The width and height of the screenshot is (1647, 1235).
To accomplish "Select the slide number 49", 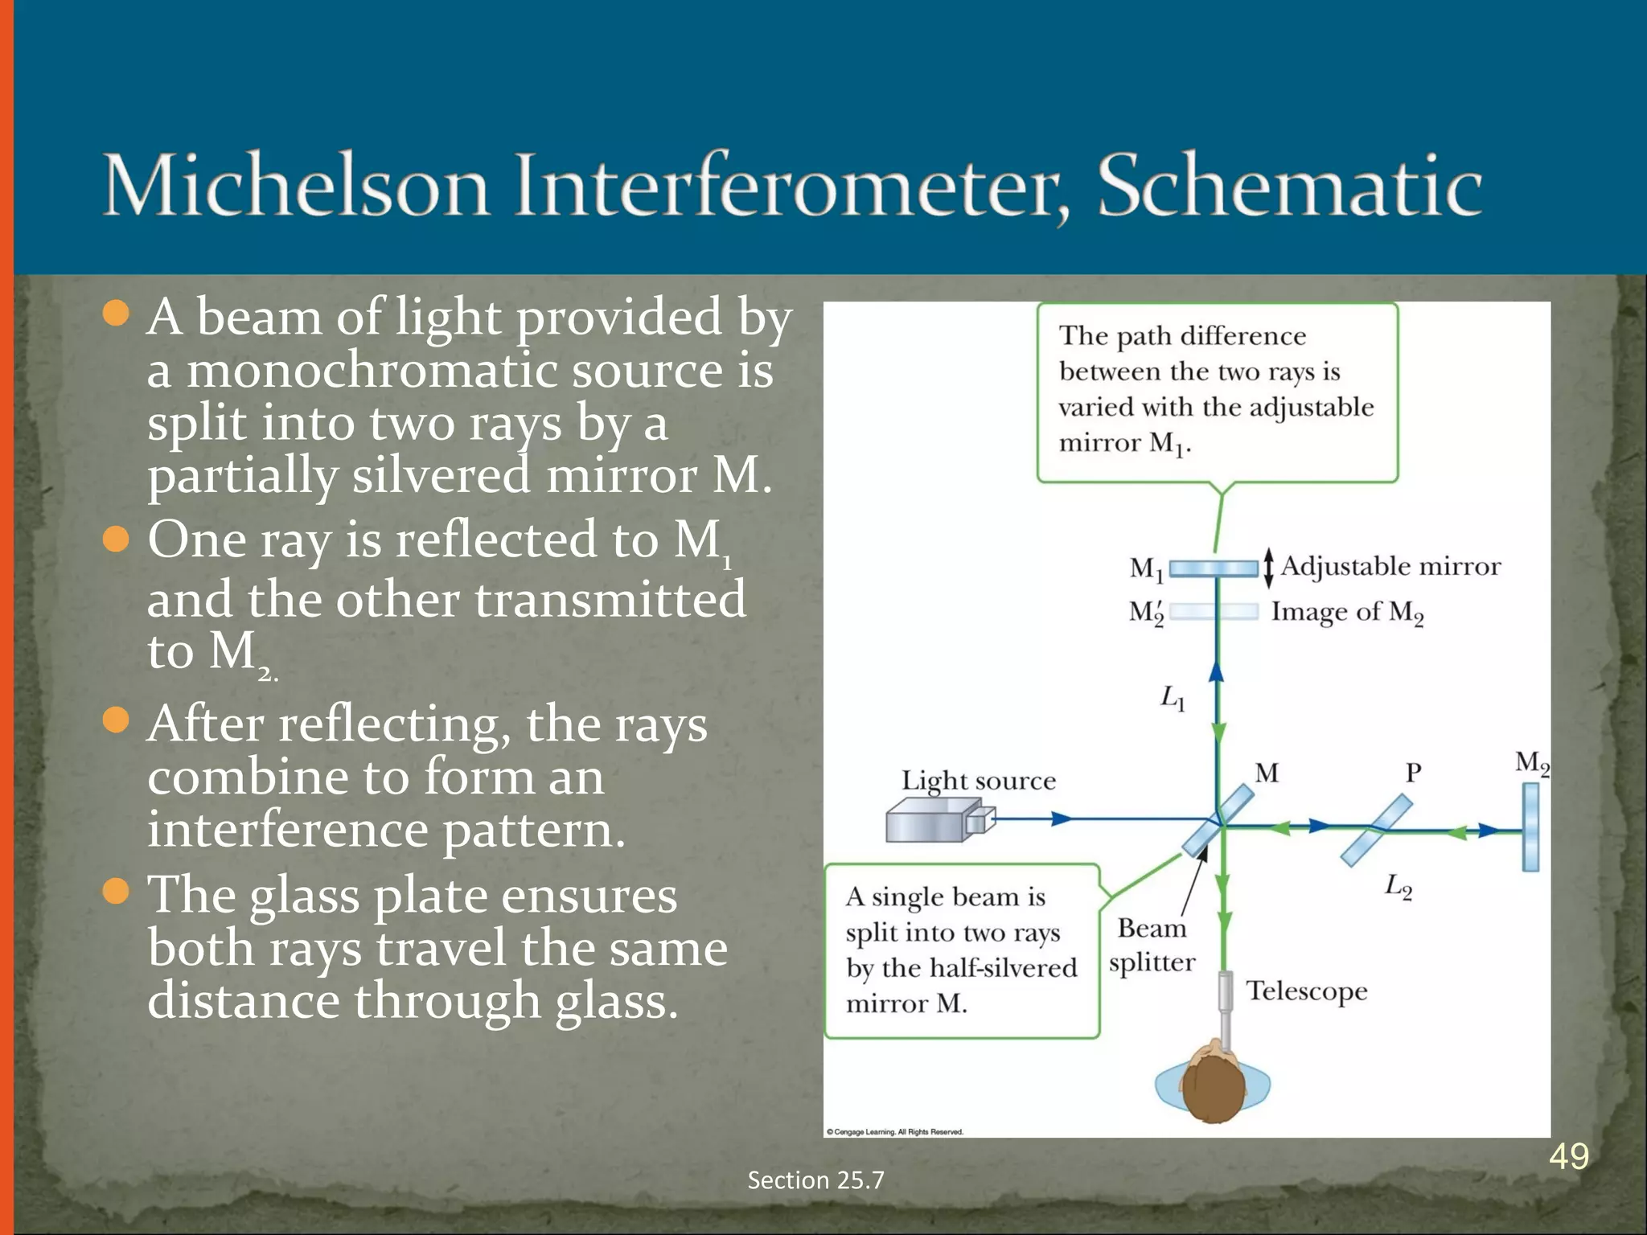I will pos(1568,1156).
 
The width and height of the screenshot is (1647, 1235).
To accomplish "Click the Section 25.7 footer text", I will pos(815,1180).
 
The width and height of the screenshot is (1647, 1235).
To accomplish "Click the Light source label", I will pos(978,780).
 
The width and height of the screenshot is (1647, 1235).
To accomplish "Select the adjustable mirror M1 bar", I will pos(1214,568).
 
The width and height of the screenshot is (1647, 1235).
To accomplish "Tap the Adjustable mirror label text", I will pos(1390,566).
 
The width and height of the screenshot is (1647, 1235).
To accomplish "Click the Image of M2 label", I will pos(1347,613).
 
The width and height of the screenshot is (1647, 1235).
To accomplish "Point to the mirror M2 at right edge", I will pos(1530,827).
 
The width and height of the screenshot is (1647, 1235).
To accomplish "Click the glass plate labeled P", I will pos(1376,830).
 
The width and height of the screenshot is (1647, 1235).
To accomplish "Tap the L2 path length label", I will pos(1398,887).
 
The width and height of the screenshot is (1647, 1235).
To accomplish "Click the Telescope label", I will pos(1306,991).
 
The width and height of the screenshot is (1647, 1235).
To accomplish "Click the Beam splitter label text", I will pos(1152,946).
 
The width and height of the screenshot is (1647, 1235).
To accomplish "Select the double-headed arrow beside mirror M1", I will pos(1268,568).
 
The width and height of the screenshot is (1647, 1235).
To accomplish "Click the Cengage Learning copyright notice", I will pos(894,1131).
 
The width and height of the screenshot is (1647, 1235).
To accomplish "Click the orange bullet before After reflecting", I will pos(117,720).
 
